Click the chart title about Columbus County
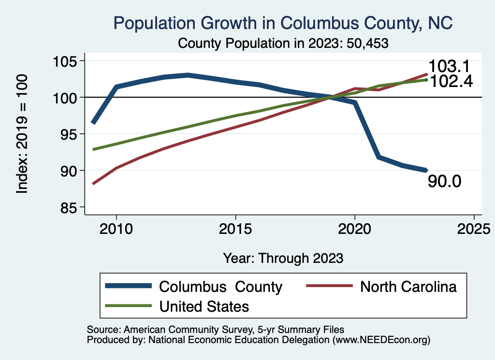click(283, 23)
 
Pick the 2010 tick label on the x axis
click(116, 228)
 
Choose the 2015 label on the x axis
click(235, 228)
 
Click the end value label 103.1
click(449, 67)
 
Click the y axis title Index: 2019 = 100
click(22, 134)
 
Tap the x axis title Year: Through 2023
click(283, 258)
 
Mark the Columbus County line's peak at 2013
click(188, 75)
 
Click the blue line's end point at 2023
click(426, 170)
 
